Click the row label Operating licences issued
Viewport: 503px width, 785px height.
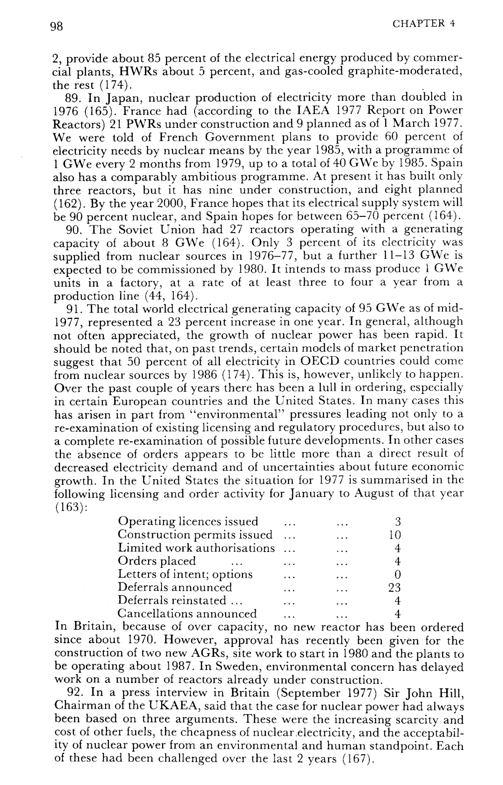click(188, 522)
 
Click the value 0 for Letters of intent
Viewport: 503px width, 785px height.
click(397, 575)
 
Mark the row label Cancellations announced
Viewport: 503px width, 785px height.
click(187, 613)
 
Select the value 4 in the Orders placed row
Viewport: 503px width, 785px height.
click(397, 561)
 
